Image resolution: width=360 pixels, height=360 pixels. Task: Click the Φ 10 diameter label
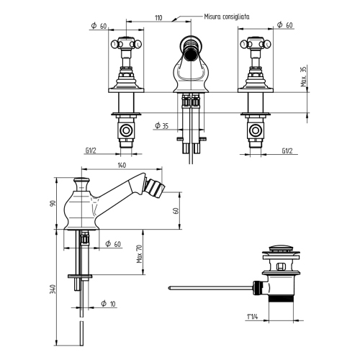point(108,303)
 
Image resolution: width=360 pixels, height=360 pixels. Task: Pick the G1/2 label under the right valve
point(287,151)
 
